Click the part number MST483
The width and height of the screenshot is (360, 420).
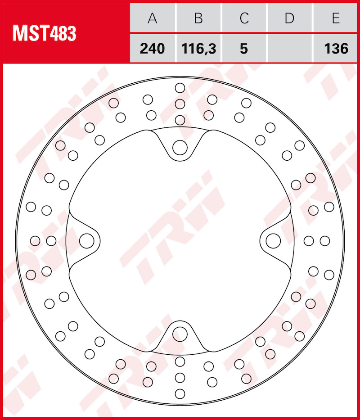click(44, 33)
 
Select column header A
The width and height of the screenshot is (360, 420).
click(153, 18)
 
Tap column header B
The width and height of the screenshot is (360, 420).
click(198, 18)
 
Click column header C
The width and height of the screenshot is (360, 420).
click(244, 18)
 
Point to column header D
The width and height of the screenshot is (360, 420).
click(289, 18)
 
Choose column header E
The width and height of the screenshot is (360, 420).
click(336, 18)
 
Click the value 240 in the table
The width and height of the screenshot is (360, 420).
click(153, 48)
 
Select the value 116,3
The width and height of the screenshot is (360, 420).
click(198, 48)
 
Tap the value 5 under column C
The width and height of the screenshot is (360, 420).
click(244, 48)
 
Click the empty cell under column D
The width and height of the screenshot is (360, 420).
click(289, 48)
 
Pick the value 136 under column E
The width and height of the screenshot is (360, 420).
click(336, 48)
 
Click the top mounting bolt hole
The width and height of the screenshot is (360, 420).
click(180, 147)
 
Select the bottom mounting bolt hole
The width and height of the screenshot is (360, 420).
click(180, 334)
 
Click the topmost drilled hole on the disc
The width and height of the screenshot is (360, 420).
click(180, 87)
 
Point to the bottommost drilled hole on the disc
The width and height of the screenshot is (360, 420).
click(180, 394)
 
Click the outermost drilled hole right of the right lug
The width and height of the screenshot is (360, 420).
click(324, 241)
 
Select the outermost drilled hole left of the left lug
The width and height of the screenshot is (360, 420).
click(35, 241)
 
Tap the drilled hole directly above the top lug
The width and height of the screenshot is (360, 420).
click(180, 120)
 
